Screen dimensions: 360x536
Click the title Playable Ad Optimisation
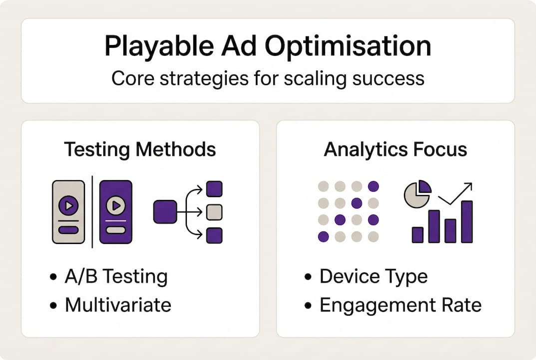268,46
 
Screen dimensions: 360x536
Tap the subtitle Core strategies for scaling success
268,78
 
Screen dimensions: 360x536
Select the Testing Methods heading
140,149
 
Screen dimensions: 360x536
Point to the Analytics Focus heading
395,149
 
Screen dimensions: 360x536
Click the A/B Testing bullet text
116,276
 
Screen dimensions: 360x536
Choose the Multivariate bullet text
118,305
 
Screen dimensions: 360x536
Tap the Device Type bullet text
373,276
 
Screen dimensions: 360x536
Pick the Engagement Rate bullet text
400,305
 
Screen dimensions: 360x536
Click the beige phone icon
68,212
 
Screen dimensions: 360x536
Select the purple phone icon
116,212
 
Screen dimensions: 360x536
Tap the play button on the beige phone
68,205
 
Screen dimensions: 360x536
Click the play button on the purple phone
116,205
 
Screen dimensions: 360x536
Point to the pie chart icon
417,194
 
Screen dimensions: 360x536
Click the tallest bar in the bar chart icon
467,221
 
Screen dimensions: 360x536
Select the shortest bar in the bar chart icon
418,234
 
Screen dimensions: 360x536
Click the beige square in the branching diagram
214,211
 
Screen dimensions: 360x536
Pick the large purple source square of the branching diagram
165,211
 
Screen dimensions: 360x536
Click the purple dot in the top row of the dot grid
373,186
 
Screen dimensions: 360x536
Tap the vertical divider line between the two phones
92,212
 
